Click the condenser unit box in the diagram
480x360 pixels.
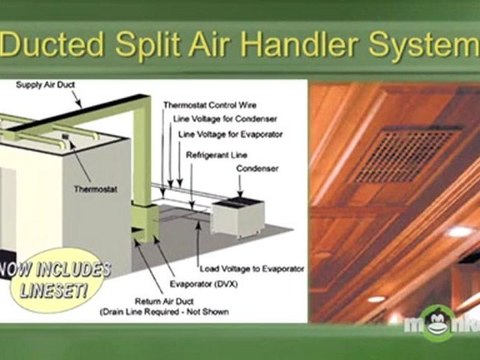pos(234,215)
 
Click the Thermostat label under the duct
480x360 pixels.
pos(94,187)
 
